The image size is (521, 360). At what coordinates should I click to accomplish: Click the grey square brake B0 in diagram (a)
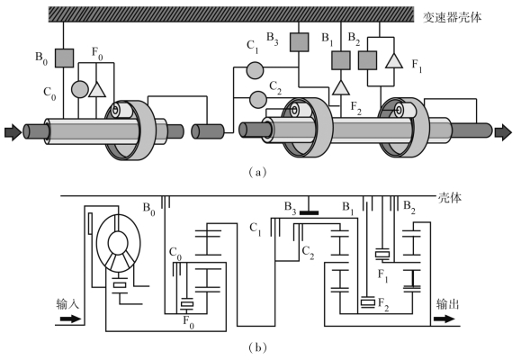tap(64, 58)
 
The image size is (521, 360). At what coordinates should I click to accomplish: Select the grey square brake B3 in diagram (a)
tap(299, 42)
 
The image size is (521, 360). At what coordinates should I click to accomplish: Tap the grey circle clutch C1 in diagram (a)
tap(255, 70)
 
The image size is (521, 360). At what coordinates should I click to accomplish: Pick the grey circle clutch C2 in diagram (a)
tap(257, 99)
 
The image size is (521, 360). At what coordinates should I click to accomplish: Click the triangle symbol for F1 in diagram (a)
tap(394, 61)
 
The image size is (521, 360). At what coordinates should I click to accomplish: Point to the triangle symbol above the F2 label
tap(340, 88)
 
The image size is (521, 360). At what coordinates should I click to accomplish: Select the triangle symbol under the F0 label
tap(97, 90)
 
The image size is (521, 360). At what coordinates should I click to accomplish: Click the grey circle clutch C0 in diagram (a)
tap(80, 89)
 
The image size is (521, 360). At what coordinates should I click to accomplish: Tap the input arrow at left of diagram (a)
tap(13, 132)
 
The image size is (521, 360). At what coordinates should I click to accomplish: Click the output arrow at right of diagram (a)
tap(503, 132)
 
